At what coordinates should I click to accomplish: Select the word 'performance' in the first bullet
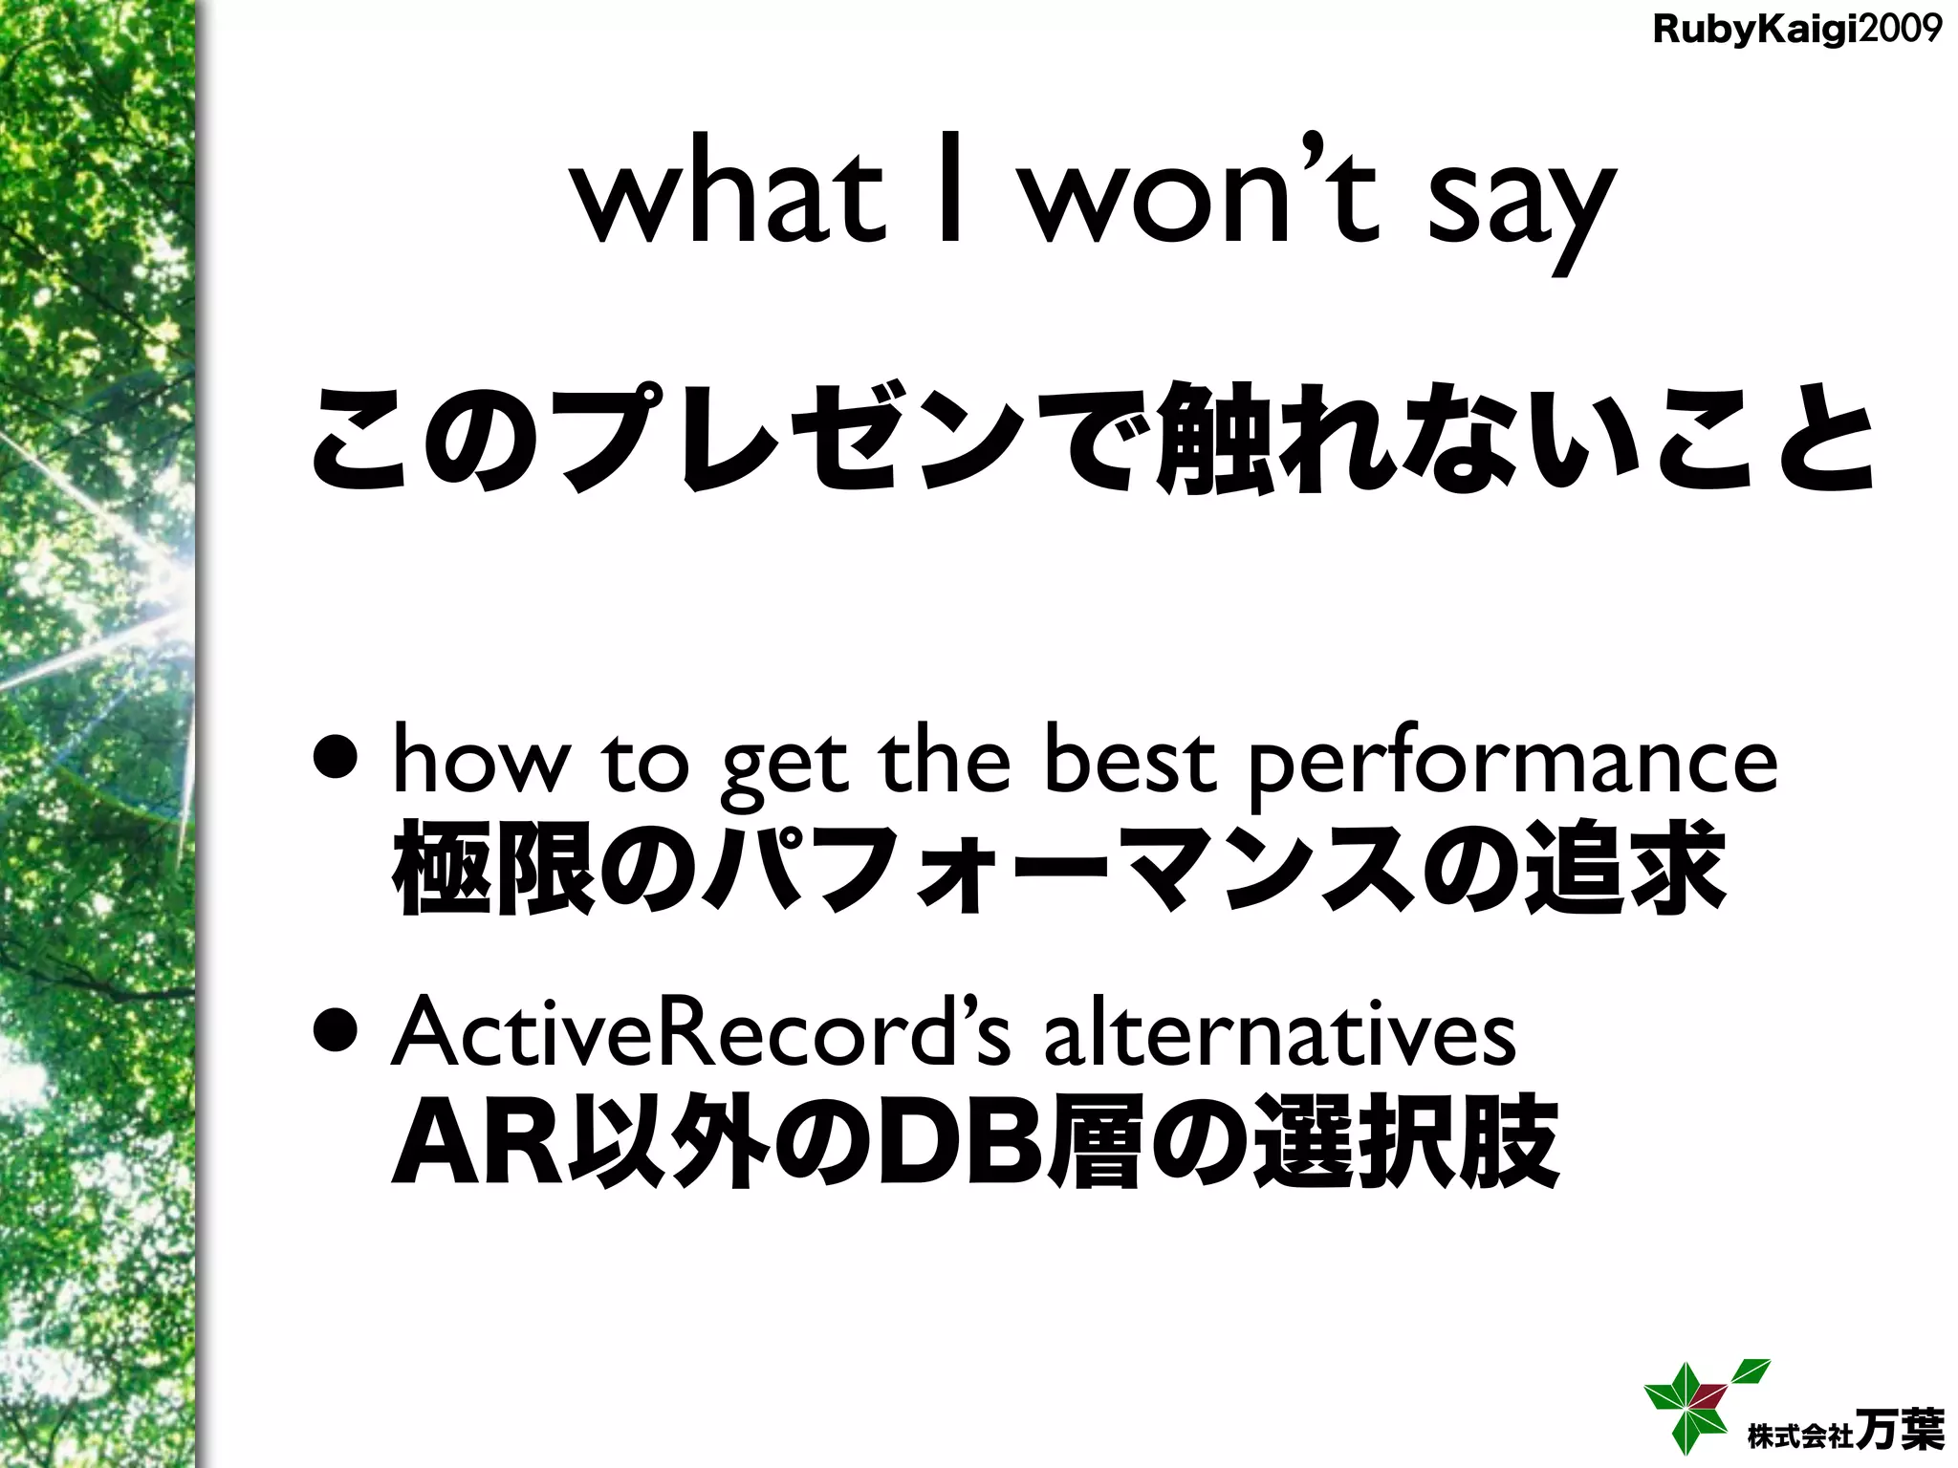click(1512, 765)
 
